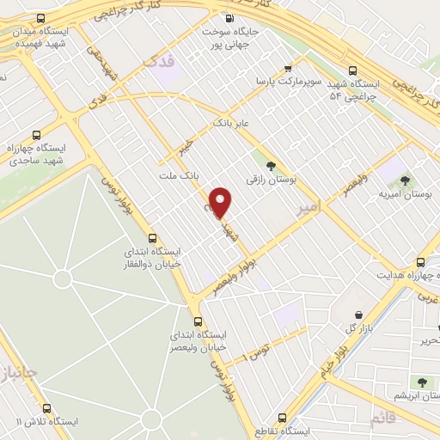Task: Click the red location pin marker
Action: (222, 202)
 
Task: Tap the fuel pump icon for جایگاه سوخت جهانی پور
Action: (229, 20)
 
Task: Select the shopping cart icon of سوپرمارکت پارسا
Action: (290, 67)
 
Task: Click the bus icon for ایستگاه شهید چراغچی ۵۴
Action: (351, 72)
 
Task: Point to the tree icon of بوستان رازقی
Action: (272, 167)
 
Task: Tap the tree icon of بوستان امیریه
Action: (405, 180)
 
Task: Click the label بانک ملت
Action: (179, 175)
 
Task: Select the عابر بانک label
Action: (232, 124)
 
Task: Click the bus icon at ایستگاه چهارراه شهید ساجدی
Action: (36, 135)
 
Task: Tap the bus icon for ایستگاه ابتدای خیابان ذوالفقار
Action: (152, 238)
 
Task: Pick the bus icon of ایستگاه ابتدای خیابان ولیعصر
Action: (199, 320)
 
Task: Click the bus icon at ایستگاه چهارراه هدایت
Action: (420, 262)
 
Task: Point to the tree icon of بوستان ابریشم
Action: (421, 382)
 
